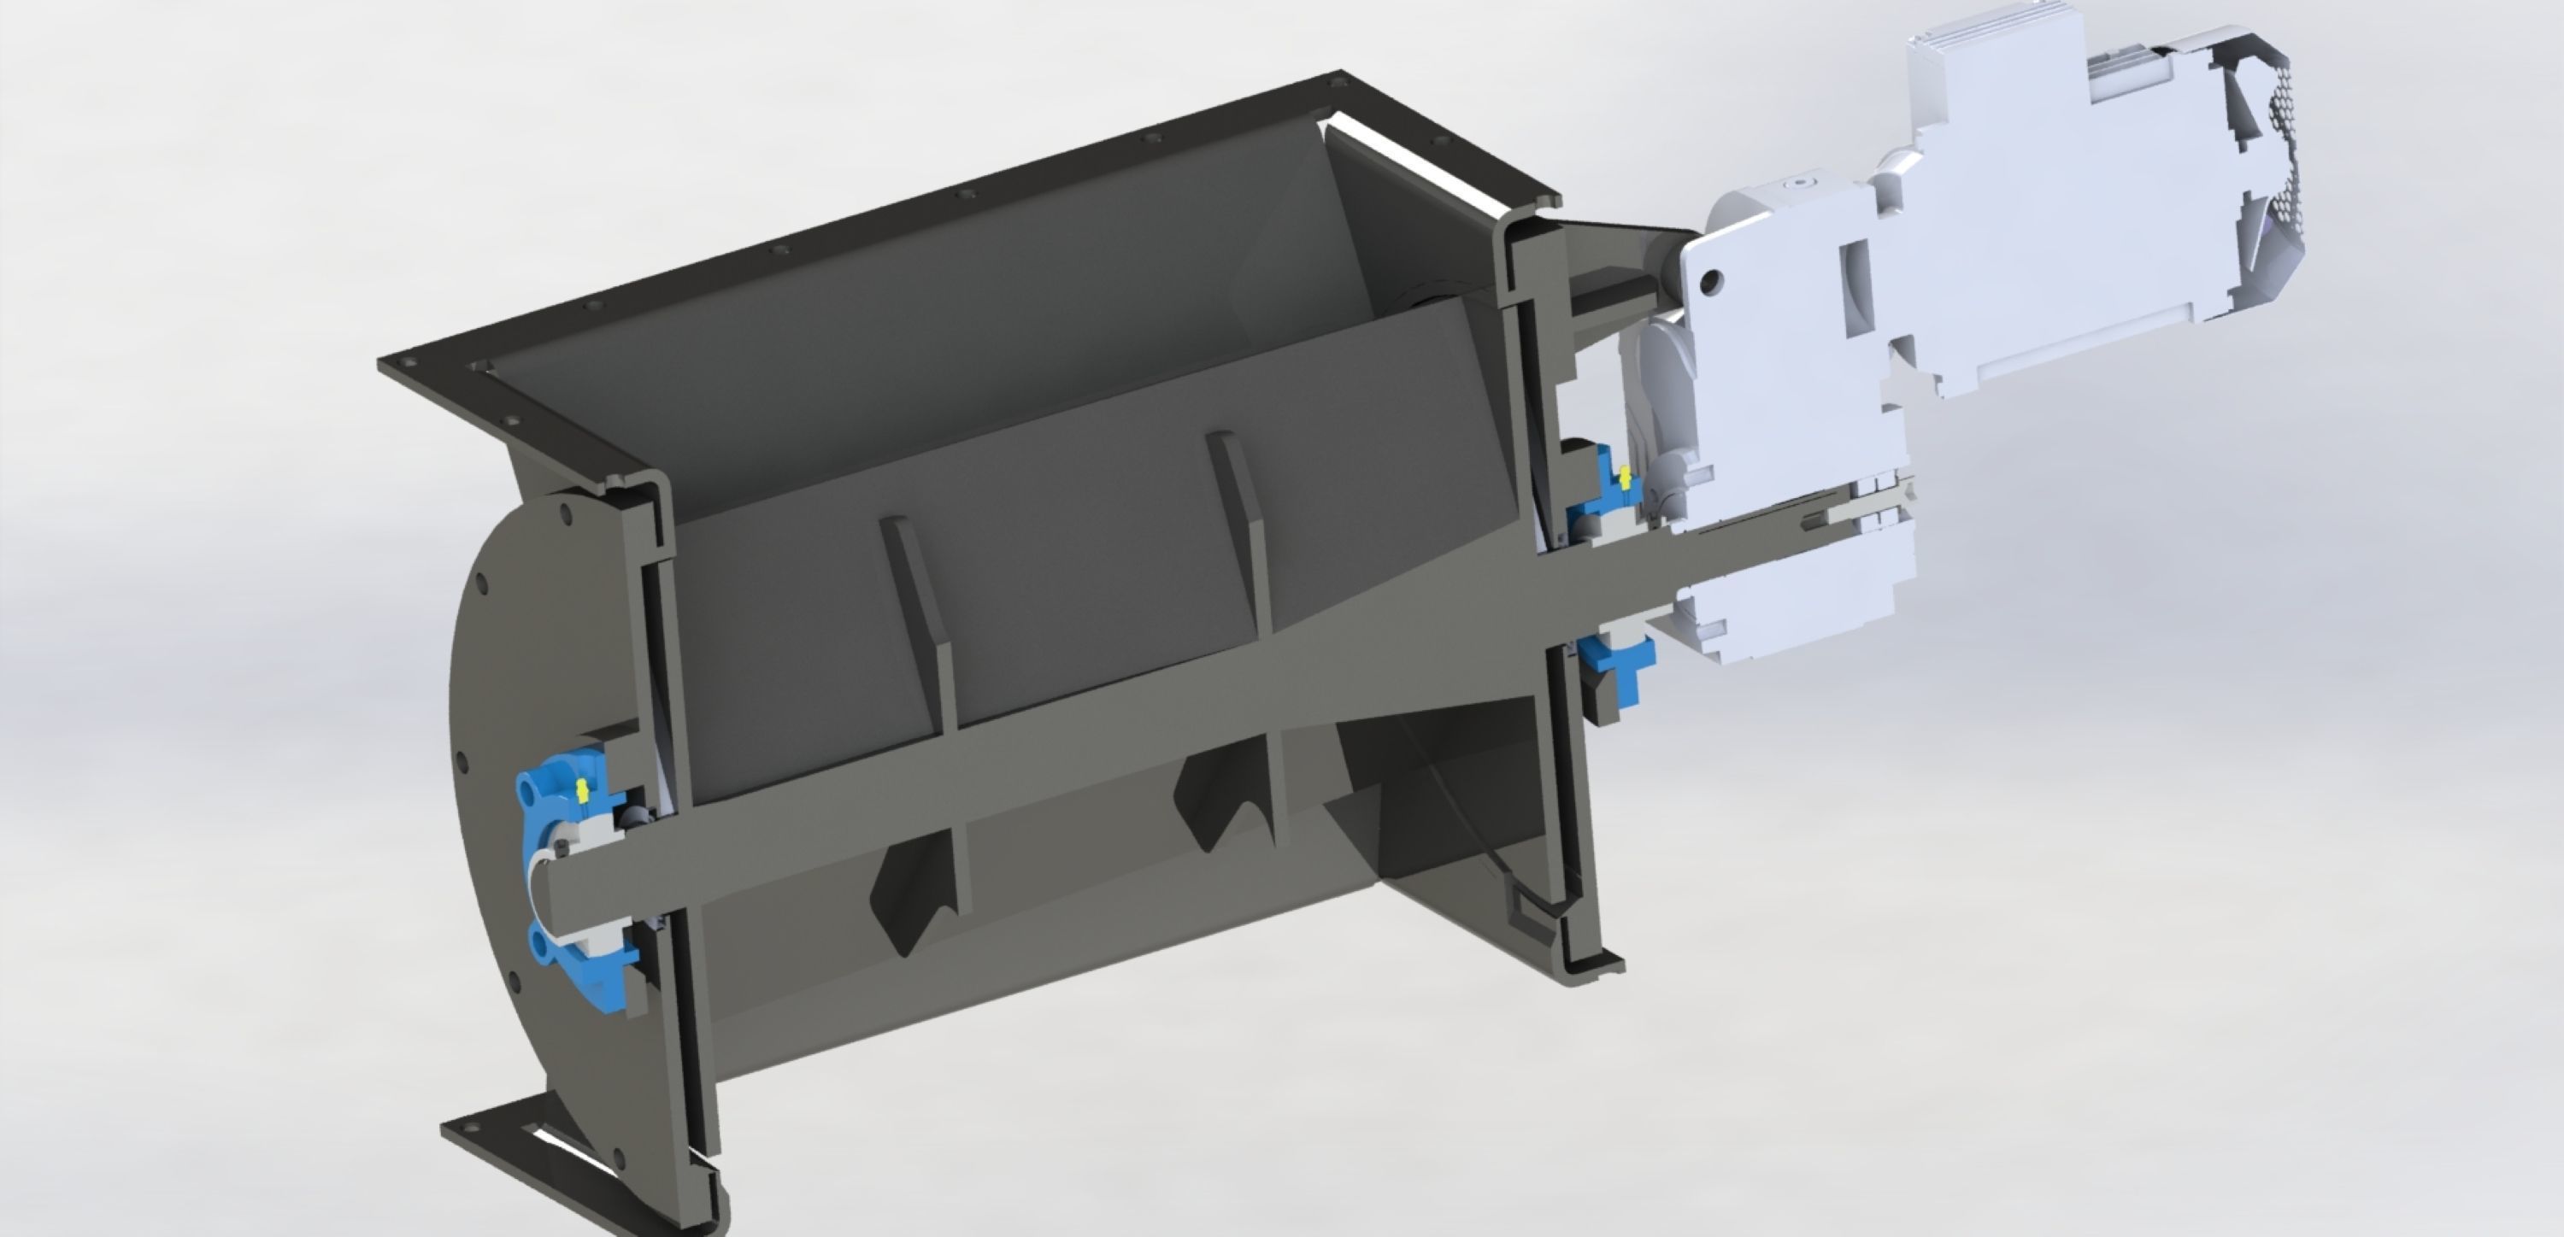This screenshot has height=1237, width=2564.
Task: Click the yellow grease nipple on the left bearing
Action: click(x=581, y=790)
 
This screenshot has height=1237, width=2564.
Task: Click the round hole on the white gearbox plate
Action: click(x=1710, y=282)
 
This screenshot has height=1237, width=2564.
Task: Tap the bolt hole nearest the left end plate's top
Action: click(x=567, y=514)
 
